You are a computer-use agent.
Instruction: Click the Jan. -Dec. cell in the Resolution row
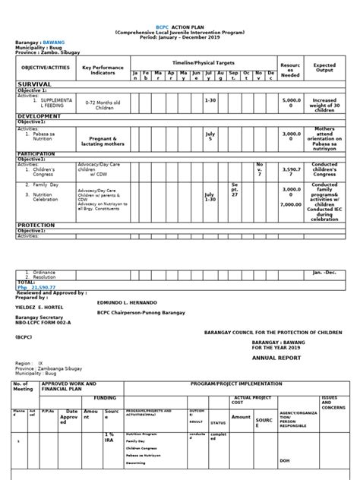pos(324,271)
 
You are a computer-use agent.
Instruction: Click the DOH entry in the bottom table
pos(284,460)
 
